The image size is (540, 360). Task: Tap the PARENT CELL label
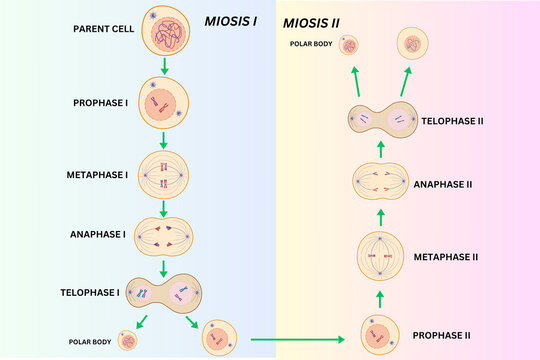click(x=105, y=28)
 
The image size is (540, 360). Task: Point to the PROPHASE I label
click(x=105, y=102)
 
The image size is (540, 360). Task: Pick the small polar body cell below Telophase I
click(x=128, y=340)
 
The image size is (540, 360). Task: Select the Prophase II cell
click(x=381, y=336)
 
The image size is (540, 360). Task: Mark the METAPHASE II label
click(x=445, y=257)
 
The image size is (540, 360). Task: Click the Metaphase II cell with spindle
click(x=381, y=257)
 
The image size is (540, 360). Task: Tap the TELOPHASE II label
click(x=452, y=120)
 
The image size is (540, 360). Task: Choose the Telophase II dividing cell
click(x=381, y=121)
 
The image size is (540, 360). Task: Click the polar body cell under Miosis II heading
click(x=350, y=45)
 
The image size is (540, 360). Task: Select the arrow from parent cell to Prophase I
click(x=163, y=67)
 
